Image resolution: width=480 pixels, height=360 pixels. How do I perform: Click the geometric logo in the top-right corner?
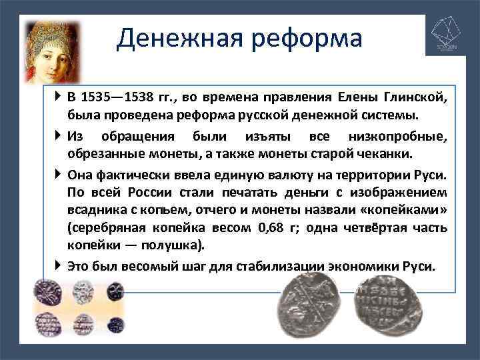tap(445, 37)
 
